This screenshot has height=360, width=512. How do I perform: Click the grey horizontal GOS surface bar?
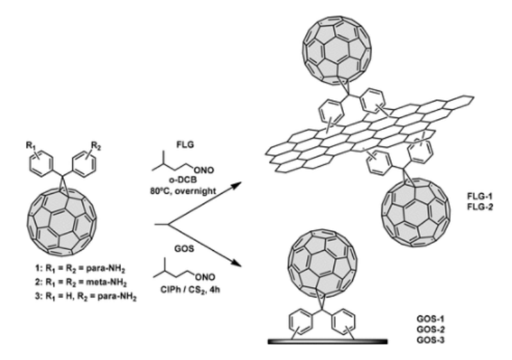click(x=327, y=342)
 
